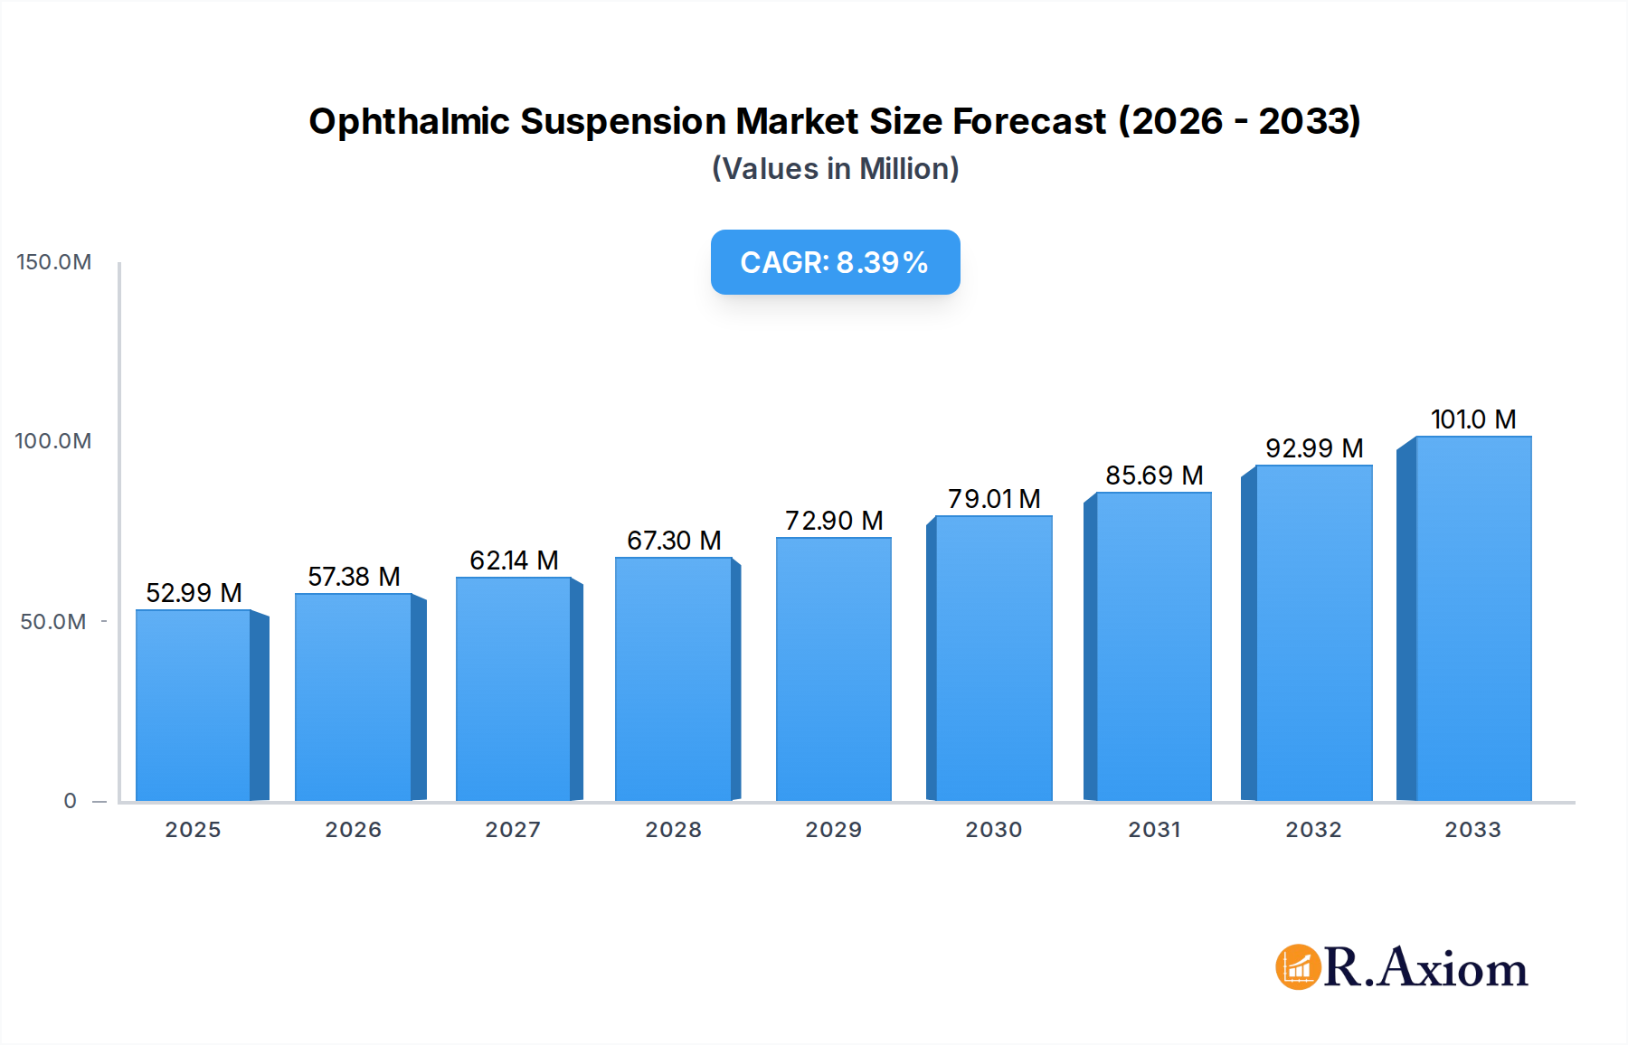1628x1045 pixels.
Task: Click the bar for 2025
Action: (x=193, y=705)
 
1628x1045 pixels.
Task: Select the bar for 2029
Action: (x=833, y=669)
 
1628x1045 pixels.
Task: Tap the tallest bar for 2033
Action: (x=1472, y=619)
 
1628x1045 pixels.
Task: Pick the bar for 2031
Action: (x=1153, y=646)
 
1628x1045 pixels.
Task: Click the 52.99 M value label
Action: (x=194, y=593)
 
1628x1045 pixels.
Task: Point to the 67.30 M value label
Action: (x=674, y=541)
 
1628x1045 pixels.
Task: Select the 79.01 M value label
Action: (x=994, y=499)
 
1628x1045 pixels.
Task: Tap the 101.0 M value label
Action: (x=1472, y=419)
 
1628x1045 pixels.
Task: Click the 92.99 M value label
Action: (x=1313, y=448)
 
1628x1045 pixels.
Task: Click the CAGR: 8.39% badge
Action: (x=835, y=262)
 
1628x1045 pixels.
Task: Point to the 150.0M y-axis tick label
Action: (x=54, y=262)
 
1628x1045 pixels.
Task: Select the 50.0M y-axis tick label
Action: (x=53, y=622)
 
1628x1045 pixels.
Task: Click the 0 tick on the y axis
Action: (x=71, y=801)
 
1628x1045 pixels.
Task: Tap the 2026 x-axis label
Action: (x=353, y=830)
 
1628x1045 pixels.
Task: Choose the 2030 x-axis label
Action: (x=993, y=830)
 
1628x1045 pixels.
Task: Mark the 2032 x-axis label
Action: (x=1313, y=830)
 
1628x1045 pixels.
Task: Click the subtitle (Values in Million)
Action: (x=835, y=169)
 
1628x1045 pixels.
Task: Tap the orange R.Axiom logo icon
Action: (x=1298, y=967)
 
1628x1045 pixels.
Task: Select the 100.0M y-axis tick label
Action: (x=53, y=441)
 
